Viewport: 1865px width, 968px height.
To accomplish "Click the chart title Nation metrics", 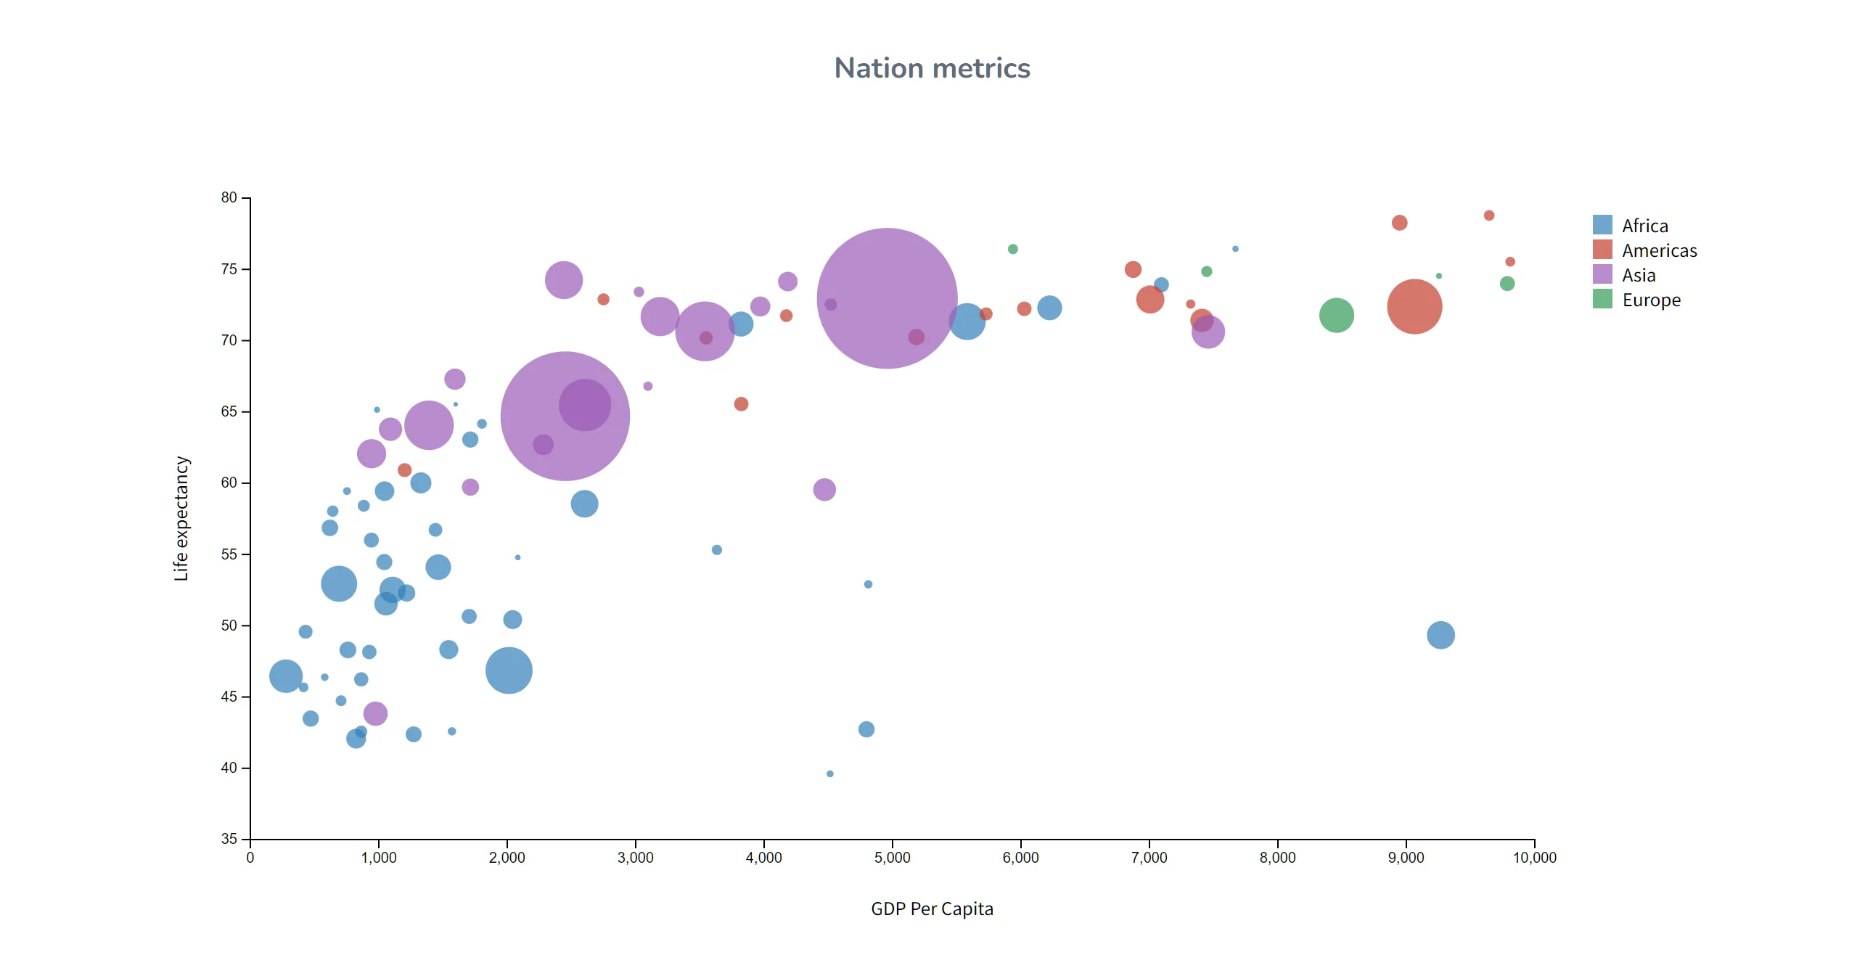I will coord(932,68).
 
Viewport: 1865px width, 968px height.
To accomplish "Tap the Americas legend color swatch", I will coord(1602,250).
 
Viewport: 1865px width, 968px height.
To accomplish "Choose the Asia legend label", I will coord(1639,275).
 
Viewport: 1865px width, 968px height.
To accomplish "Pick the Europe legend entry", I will coord(1650,300).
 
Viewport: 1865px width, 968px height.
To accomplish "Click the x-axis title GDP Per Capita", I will coord(932,908).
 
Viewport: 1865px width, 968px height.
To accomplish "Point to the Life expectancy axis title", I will coord(181,518).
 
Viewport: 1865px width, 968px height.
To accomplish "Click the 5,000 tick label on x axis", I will coord(892,858).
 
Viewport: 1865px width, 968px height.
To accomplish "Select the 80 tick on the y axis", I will coord(229,197).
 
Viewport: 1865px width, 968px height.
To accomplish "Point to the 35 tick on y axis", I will coord(229,839).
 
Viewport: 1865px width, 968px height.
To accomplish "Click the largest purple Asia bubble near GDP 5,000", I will coord(887,298).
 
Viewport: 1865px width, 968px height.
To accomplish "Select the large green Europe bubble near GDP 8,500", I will coord(1336,315).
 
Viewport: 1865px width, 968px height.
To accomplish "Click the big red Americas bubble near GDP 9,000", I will coord(1414,306).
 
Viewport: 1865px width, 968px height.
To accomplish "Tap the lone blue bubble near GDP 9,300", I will coord(1440,635).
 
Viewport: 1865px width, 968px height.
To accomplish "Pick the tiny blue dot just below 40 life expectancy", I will coord(829,774).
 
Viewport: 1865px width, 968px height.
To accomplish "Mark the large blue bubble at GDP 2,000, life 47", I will coord(509,670).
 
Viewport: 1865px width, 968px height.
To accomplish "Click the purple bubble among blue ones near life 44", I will coord(375,713).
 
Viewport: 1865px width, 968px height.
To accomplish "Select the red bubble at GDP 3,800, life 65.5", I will coord(741,403).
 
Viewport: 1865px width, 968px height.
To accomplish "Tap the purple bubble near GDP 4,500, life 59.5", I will coord(824,490).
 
